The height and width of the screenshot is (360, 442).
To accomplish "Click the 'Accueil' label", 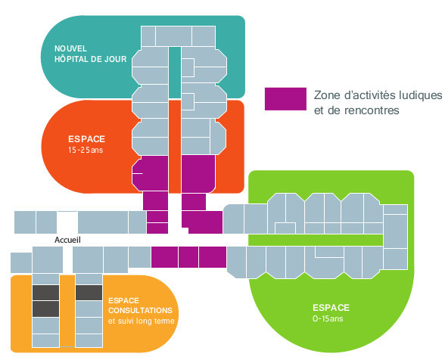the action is click(67, 240).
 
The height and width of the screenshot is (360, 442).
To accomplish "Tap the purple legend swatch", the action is click(285, 99).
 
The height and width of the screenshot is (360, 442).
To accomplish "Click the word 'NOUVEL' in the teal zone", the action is click(70, 48).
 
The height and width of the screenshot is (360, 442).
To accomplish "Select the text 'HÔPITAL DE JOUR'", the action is click(91, 59).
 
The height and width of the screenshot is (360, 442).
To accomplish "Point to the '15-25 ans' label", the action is click(86, 150).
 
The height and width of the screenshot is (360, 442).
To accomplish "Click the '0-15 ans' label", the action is click(328, 318).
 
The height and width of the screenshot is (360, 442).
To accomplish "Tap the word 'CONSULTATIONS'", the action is click(140, 310).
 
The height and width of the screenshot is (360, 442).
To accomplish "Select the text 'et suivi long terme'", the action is click(142, 321).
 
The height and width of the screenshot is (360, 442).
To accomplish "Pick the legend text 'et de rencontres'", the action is click(356, 110).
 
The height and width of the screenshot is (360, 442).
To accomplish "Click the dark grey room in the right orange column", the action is click(89, 293).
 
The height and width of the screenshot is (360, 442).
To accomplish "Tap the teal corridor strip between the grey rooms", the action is click(175, 72).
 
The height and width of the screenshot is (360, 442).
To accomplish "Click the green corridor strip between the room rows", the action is click(316, 240).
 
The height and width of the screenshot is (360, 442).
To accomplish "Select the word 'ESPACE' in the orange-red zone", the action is click(86, 139).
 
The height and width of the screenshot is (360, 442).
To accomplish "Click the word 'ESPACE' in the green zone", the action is click(331, 308).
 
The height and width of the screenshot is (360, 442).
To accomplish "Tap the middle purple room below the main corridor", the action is click(188, 257).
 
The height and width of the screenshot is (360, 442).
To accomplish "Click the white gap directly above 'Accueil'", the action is click(67, 222).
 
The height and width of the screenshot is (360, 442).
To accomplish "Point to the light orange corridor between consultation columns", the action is click(67, 311).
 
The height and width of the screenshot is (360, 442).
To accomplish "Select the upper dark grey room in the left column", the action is click(45, 293).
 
